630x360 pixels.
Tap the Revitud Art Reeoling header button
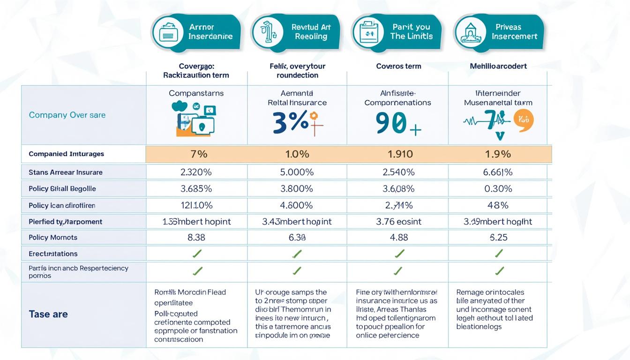(x=296, y=32)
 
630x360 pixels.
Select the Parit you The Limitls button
(x=397, y=32)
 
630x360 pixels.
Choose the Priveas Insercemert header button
(x=499, y=32)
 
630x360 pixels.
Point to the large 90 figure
(x=391, y=123)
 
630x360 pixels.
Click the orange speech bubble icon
(x=524, y=120)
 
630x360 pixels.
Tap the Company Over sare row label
(x=67, y=115)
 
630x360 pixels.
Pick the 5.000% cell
(x=296, y=172)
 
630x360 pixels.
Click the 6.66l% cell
(x=498, y=172)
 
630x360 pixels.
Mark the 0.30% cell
(x=498, y=188)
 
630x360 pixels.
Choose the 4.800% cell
(x=296, y=205)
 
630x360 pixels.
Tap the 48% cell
(x=498, y=205)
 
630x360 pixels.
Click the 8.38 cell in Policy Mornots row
(x=196, y=238)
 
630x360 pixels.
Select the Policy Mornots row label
(x=53, y=238)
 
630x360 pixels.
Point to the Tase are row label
(x=48, y=314)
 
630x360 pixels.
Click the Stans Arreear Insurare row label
(x=66, y=172)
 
